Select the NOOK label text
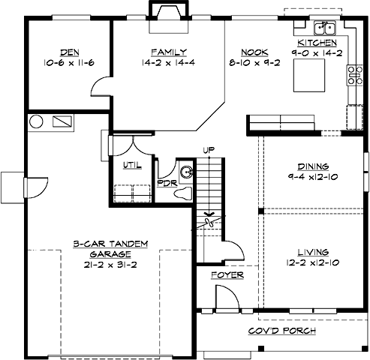pyautogui.click(x=251, y=52)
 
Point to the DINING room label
pyautogui.click(x=308, y=166)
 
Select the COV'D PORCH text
pyautogui.click(x=282, y=331)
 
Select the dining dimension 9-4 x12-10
pyautogui.click(x=308, y=177)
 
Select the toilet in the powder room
pyautogui.click(x=181, y=193)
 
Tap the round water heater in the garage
pyautogui.click(x=35, y=121)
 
